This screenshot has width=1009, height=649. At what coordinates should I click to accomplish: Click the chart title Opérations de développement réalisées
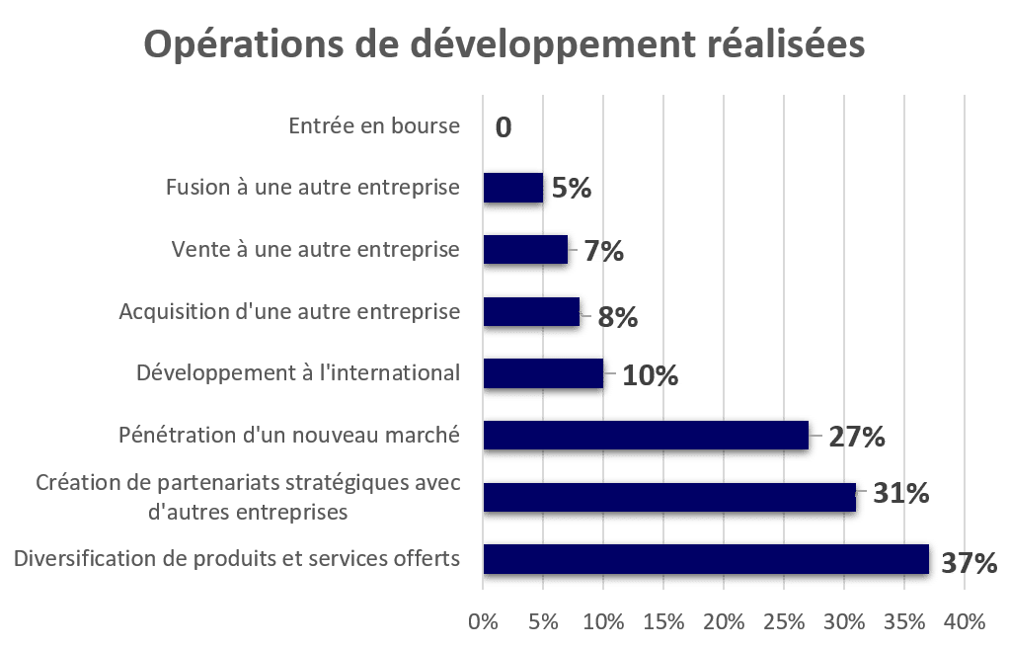(504, 44)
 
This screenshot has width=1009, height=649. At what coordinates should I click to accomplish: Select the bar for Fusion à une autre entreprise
(513, 188)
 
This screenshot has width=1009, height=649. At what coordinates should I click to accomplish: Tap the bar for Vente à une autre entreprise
(527, 251)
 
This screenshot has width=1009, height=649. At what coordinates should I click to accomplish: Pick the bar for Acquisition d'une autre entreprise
(533, 313)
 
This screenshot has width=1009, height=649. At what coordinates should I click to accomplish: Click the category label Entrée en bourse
(375, 126)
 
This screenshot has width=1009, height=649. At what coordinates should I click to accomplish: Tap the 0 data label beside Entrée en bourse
(504, 127)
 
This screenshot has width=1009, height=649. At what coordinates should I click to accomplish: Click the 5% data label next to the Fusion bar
(573, 188)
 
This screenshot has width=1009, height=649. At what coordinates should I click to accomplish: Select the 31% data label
(898, 493)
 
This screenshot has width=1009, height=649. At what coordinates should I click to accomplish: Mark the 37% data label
(968, 563)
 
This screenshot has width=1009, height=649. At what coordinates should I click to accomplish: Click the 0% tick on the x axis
(483, 622)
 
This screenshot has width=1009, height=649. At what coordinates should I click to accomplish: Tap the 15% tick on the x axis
(663, 622)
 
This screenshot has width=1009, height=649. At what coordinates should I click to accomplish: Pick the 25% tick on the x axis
(784, 622)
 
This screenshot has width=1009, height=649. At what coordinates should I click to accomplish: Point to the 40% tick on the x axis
(965, 622)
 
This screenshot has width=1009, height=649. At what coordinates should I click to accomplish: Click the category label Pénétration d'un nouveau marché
(289, 435)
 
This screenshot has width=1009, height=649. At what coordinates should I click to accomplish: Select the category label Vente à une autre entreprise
(316, 250)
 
